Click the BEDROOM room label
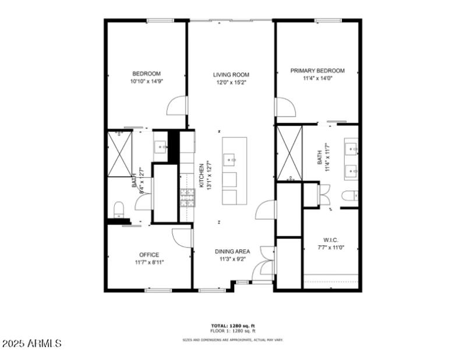coord(146,73)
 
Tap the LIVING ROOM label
coord(231,75)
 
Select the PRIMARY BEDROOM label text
coord(317,70)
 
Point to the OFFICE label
coord(149,255)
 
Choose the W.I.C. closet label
coord(331,240)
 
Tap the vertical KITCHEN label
coord(202,175)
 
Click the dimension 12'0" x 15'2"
coord(231,83)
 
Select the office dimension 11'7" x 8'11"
coord(149,262)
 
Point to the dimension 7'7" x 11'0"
coord(331,248)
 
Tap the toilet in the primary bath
coord(348,196)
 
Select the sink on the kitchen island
coord(230,158)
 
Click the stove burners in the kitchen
coord(187,197)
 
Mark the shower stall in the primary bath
coord(289,153)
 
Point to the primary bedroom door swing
coord(285,108)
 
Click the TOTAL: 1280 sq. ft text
coord(232,326)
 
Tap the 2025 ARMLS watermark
coord(31,344)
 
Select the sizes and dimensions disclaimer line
coord(232,340)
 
